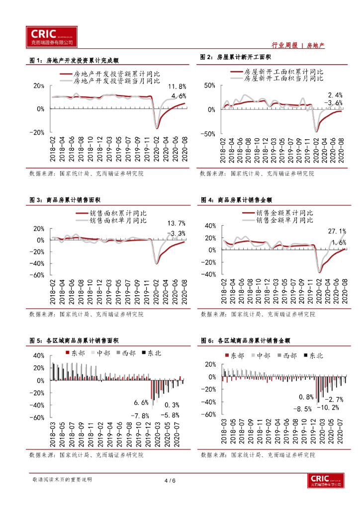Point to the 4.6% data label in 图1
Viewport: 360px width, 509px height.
click(179, 95)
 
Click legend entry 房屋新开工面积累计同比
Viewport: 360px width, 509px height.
click(284, 72)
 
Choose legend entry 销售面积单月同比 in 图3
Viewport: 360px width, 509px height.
click(118, 220)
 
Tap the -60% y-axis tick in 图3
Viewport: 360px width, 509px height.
click(38, 275)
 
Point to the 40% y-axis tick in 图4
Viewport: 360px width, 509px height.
click(210, 226)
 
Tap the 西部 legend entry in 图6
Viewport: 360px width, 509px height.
click(290, 355)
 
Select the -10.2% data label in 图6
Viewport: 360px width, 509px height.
click(328, 408)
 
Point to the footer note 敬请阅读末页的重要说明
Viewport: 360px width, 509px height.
click(62, 480)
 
